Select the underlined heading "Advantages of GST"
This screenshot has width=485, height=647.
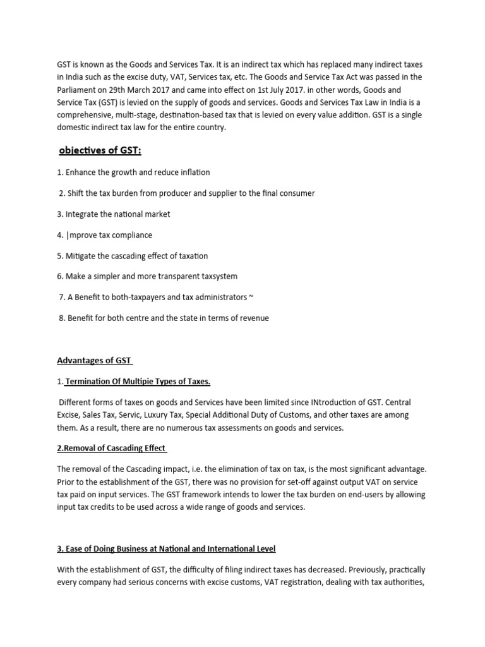coord(94,361)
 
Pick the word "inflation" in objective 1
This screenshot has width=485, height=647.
coord(193,172)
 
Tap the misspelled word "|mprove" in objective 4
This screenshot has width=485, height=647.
coord(80,234)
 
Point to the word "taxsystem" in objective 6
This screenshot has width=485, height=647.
coord(219,276)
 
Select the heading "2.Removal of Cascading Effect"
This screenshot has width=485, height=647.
coord(111,448)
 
